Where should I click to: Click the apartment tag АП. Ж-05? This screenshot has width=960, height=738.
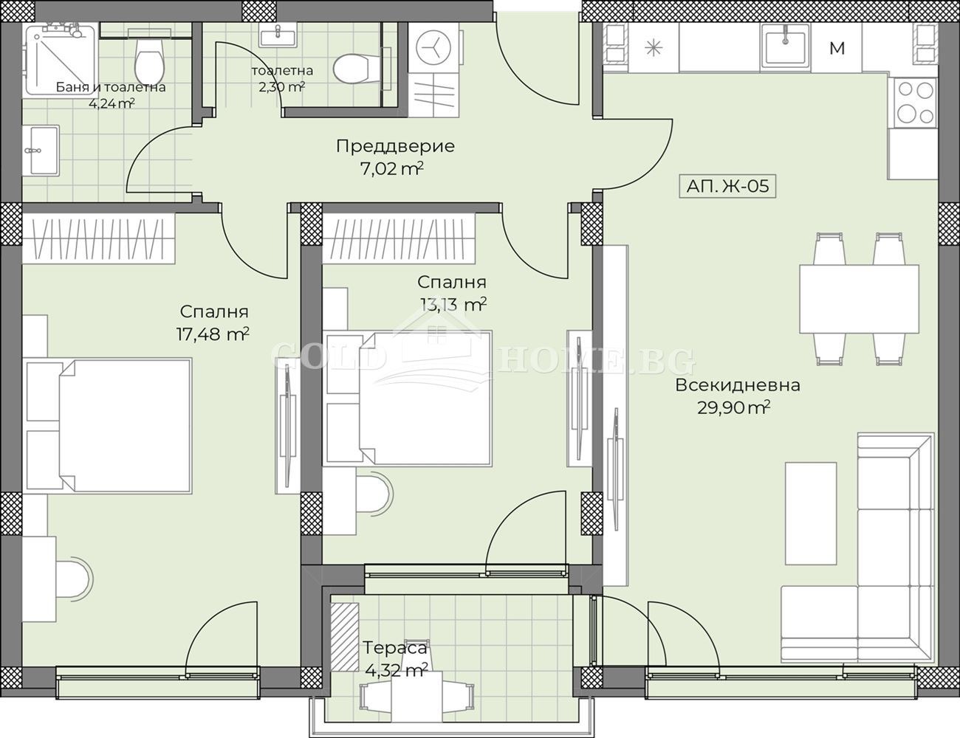pos(727,186)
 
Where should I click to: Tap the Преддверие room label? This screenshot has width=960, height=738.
pos(395,146)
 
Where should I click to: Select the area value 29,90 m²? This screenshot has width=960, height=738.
pos(734,408)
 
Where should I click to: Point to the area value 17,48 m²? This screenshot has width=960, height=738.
pos(213,334)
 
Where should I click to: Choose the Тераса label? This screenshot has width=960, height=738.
pos(395,649)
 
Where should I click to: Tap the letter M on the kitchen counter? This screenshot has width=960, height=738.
pos(837,48)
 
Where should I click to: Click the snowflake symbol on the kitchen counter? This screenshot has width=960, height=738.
pos(654,48)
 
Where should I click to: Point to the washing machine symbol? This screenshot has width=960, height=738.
pos(433,46)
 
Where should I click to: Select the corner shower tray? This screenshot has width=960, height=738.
pos(60,59)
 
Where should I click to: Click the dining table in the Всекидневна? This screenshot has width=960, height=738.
pos(860,299)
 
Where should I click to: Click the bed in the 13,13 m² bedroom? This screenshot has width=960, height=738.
pos(408,399)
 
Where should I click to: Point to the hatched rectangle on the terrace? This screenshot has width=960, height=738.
pos(344,631)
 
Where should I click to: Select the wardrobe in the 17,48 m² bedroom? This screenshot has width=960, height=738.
pos(98,239)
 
